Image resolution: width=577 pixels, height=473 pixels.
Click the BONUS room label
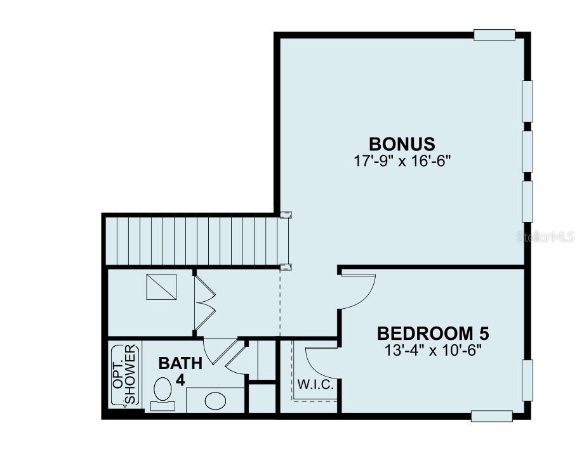[402, 144]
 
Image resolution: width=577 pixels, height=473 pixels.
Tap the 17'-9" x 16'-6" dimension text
[402, 160]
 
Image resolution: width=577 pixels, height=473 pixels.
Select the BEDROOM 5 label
[433, 334]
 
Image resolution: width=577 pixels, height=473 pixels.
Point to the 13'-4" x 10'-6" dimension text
[433, 350]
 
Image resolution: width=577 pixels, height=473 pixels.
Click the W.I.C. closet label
[315, 385]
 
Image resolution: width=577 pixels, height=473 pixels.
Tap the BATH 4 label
[180, 371]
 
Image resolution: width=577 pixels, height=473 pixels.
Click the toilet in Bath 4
[162, 394]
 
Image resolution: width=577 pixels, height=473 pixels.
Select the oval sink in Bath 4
[215, 401]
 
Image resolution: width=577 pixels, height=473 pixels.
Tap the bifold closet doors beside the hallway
[204, 302]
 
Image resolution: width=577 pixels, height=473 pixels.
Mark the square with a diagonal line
[161, 287]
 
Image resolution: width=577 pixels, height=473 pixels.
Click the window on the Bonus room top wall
[494, 34]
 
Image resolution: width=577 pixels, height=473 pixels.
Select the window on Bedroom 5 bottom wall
[492, 416]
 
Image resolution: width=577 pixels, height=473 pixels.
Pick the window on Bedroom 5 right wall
[527, 380]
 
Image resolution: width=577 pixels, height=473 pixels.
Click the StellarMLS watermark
[546, 237]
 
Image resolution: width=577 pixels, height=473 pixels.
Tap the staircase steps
[191, 241]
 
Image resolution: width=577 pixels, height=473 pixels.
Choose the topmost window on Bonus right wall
[527, 101]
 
